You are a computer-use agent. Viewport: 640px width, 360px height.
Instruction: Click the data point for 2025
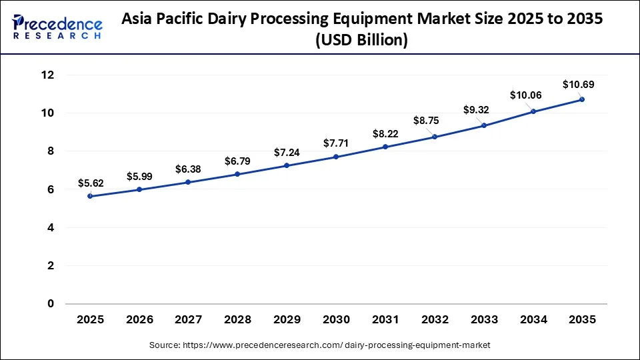point(90,196)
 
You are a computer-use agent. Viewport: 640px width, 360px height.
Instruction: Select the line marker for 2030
point(336,157)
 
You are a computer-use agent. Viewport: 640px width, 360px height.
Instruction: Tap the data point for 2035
point(582,99)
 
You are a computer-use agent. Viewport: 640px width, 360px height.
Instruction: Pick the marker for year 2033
point(483,125)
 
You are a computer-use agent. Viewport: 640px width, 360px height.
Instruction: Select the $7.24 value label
point(287,153)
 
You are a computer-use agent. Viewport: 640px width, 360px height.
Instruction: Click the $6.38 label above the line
point(188,169)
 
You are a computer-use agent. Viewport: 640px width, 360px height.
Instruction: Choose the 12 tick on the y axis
point(47,75)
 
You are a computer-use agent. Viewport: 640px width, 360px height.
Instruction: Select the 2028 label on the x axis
point(237,320)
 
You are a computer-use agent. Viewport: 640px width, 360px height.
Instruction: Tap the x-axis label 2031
point(385,320)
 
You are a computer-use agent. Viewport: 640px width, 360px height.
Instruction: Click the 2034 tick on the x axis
point(533,320)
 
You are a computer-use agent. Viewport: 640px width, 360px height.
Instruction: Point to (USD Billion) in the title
point(363,41)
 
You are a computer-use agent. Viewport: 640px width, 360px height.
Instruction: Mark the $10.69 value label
point(578,85)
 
